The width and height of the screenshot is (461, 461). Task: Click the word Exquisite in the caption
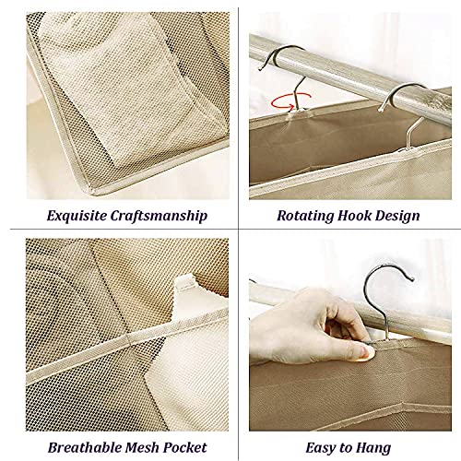(77, 216)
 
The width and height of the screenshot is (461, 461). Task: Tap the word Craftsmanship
(159, 216)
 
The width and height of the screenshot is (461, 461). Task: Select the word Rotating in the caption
(305, 216)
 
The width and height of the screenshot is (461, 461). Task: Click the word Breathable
(83, 447)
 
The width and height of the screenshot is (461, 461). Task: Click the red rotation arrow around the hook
(290, 101)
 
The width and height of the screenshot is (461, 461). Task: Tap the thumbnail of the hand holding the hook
(350, 335)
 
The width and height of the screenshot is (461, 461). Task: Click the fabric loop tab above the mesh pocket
(185, 284)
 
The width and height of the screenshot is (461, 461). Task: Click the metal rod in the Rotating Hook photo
(350, 72)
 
